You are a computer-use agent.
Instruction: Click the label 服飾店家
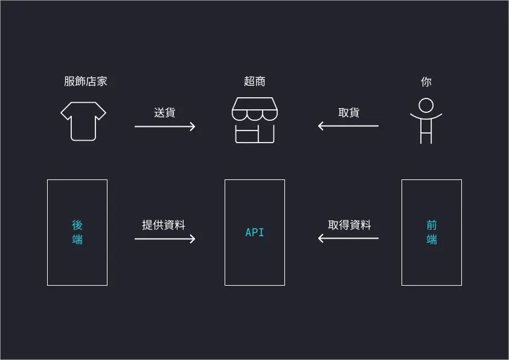[x=85, y=81]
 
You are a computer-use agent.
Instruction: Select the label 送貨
[x=165, y=112]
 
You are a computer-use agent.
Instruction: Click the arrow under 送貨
[x=165, y=126]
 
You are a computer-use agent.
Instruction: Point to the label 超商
[x=254, y=81]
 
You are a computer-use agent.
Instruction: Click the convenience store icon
[x=254, y=120]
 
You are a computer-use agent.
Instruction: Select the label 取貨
[x=348, y=112]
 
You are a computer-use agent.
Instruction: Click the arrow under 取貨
[x=348, y=126]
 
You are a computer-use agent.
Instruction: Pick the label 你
[x=426, y=81]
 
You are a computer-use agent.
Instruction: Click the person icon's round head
[x=426, y=105]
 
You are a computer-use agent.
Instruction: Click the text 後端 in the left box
[x=77, y=232]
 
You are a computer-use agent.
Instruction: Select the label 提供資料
[x=164, y=225]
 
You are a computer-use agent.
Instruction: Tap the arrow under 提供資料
[x=165, y=239]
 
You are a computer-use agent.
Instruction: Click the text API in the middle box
[x=254, y=233]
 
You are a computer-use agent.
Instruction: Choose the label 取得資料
[x=350, y=225]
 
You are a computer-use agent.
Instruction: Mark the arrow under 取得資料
[x=348, y=239]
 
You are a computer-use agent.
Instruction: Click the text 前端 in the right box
[x=431, y=232]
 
